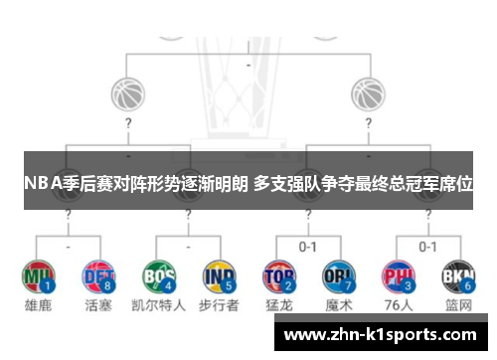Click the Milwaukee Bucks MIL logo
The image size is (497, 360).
(x=39, y=273)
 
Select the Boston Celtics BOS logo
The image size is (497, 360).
(x=159, y=273)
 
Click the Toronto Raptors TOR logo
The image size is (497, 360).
(x=279, y=273)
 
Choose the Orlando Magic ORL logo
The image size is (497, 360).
(x=338, y=273)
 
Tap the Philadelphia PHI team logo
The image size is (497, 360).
(x=400, y=273)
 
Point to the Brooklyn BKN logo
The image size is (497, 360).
(x=458, y=273)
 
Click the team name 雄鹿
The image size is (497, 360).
(x=39, y=305)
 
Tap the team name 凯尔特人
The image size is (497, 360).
(x=159, y=305)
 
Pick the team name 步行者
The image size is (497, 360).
(x=218, y=305)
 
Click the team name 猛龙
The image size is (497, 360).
(x=280, y=305)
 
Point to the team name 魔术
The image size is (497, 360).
(x=339, y=305)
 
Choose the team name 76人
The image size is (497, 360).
(x=400, y=305)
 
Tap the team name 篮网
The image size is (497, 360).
(x=458, y=305)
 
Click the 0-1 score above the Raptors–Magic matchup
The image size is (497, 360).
(x=308, y=246)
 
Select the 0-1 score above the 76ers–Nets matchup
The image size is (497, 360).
(x=428, y=246)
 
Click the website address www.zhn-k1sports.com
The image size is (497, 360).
(x=380, y=335)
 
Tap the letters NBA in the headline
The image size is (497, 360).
(x=43, y=183)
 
